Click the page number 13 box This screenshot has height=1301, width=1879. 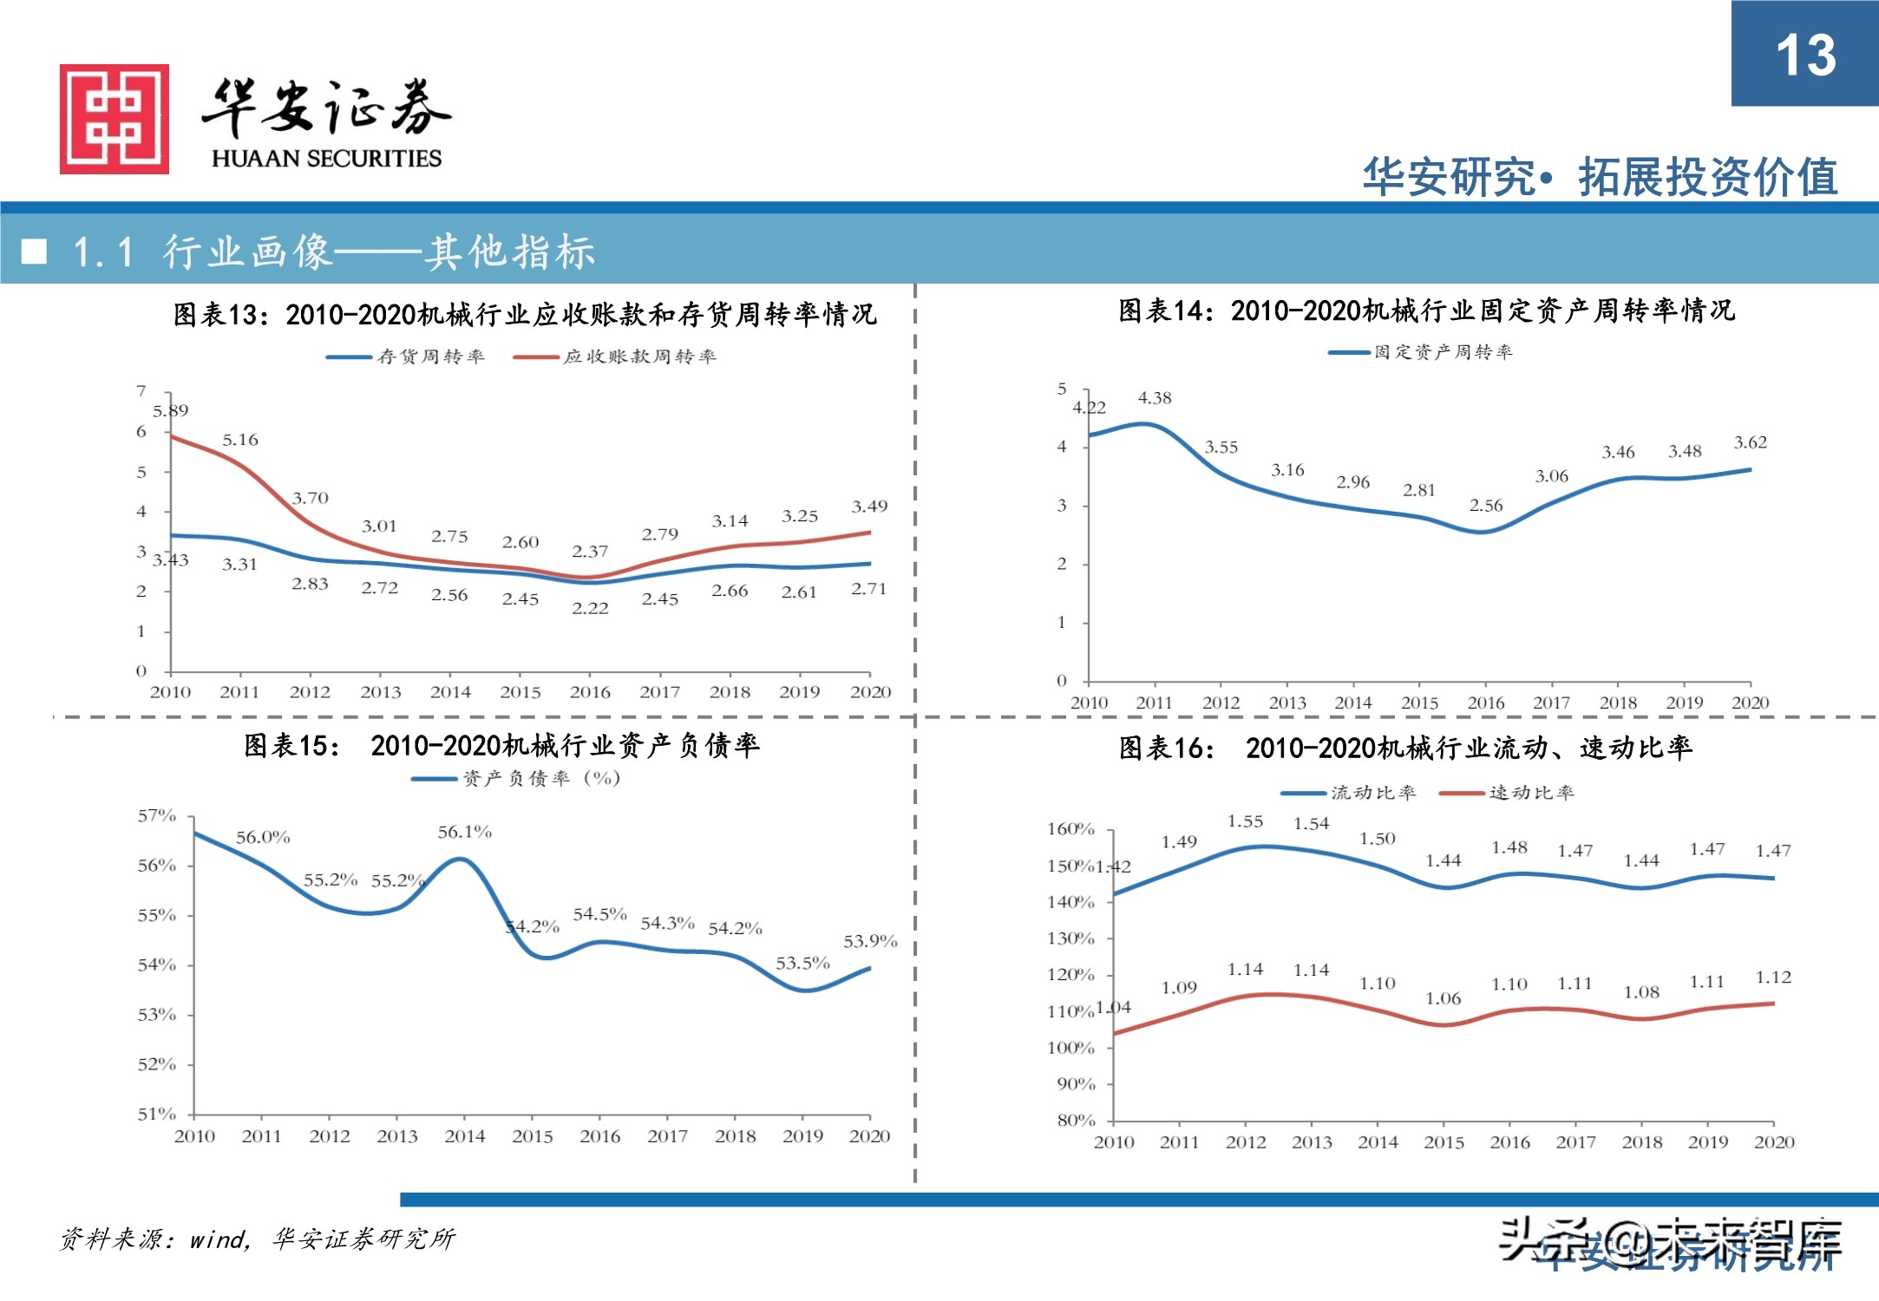1804,54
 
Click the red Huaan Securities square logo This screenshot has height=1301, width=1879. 114,119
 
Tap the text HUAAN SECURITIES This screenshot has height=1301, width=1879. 326,159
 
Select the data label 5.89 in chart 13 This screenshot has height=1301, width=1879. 170,410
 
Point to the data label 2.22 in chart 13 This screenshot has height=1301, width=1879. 590,608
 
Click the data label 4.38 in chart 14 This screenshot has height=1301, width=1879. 1155,398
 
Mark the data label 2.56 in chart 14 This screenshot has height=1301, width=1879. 1485,505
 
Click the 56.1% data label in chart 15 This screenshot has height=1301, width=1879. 464,832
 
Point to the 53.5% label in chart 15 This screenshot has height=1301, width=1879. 802,963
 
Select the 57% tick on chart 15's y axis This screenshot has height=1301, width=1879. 157,815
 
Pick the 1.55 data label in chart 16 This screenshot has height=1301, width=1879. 1245,821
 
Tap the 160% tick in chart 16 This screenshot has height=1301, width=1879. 1070,829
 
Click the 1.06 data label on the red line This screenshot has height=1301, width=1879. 1443,998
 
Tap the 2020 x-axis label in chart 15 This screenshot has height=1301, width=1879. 869,1136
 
